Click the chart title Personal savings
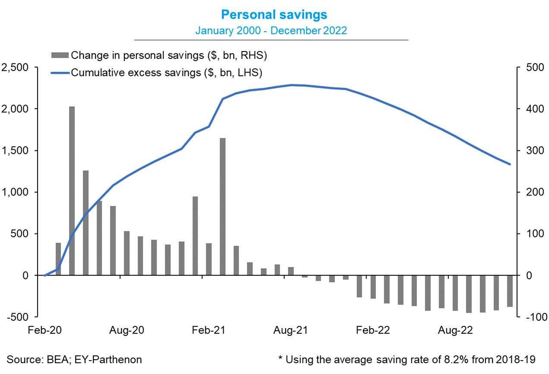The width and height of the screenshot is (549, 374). click(x=274, y=15)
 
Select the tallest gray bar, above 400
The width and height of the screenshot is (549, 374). click(x=72, y=190)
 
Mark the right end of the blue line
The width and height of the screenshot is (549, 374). click(x=510, y=164)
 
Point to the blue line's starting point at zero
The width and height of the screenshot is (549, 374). click(x=45, y=275)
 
